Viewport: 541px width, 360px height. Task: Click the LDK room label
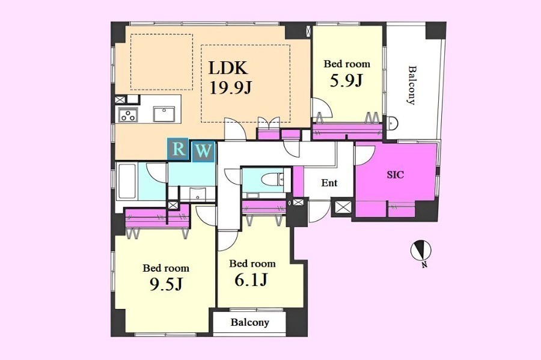(x=228, y=68)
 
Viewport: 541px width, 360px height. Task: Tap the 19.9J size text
(x=230, y=88)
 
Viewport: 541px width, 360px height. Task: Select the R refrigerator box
(x=178, y=149)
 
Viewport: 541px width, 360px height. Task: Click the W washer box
(x=204, y=151)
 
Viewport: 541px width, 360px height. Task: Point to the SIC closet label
(x=395, y=175)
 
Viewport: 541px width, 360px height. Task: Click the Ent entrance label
(x=329, y=183)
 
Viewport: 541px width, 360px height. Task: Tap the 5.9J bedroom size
(x=346, y=81)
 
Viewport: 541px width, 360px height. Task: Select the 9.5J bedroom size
(x=166, y=284)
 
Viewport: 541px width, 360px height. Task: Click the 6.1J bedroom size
(x=251, y=280)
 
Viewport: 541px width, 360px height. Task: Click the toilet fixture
(x=272, y=180)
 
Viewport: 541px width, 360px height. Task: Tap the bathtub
(x=127, y=182)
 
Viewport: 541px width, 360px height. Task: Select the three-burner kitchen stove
(x=128, y=114)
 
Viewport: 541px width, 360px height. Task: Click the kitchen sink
(x=164, y=114)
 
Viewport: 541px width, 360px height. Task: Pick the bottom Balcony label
(x=250, y=322)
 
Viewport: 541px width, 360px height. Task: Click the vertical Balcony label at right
(x=411, y=85)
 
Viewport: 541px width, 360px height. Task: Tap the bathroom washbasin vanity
(x=198, y=194)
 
